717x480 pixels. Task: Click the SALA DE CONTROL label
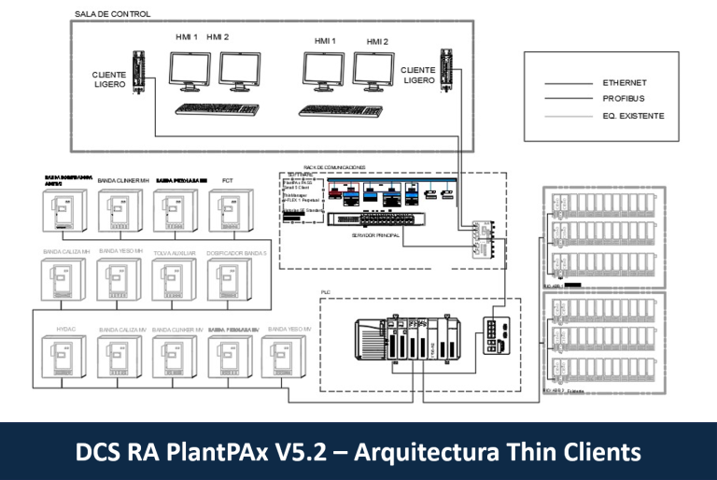click(112, 15)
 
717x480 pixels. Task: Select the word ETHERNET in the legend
click(625, 83)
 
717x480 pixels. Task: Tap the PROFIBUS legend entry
click(624, 98)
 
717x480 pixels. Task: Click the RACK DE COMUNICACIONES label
click(334, 167)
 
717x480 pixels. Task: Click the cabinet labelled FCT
click(228, 211)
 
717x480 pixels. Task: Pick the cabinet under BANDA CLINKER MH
click(119, 211)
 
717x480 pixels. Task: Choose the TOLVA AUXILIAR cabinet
click(174, 283)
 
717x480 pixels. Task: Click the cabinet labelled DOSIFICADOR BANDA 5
click(228, 283)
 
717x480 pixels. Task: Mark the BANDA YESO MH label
click(120, 252)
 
